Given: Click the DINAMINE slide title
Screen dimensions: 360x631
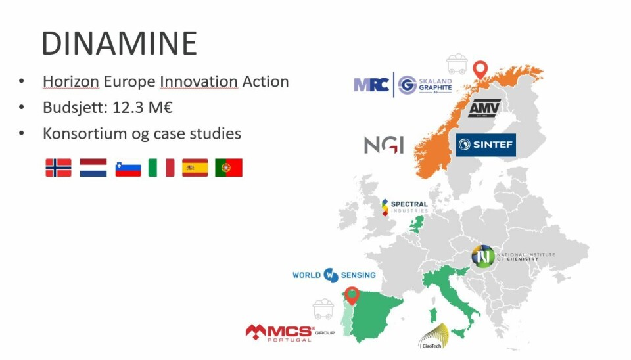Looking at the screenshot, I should [119, 43].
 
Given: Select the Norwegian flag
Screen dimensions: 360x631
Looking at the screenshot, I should [58, 168].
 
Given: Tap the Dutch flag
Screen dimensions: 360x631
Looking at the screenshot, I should [93, 168].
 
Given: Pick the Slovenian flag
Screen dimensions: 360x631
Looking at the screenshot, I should [128, 168].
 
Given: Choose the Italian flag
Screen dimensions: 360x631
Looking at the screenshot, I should [162, 168].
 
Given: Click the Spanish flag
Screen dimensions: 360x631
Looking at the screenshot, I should [195, 168].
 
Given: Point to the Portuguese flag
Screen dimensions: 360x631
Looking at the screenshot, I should [229, 168].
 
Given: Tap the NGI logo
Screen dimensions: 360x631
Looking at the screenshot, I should [384, 145].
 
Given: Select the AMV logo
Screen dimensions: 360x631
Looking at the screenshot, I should [484, 108].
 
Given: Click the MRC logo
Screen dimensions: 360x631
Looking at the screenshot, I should [371, 85].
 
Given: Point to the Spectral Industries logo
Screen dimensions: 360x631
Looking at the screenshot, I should [404, 208].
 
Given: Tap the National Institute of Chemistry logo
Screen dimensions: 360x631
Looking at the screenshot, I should [504, 256].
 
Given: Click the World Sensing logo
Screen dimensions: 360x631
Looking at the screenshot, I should [334, 275].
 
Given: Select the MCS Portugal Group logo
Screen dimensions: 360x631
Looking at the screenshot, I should [289, 332].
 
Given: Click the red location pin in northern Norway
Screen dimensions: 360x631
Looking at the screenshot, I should [481, 68].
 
